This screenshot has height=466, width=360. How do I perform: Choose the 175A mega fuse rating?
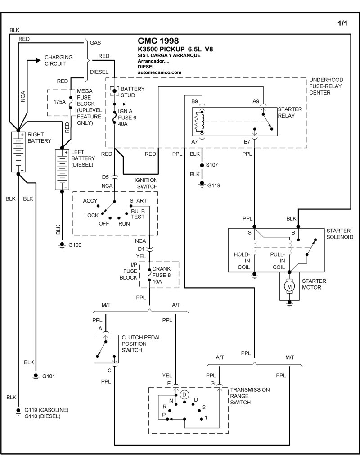click(x=60, y=102)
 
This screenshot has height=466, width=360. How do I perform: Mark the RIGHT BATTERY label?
click(x=40, y=137)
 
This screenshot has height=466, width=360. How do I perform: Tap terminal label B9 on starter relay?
click(x=194, y=101)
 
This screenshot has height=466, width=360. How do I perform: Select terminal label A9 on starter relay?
click(x=256, y=101)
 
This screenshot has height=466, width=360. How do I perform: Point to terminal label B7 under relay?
click(x=247, y=142)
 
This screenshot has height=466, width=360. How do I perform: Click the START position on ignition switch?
click(x=138, y=200)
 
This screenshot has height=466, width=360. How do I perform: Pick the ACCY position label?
click(x=90, y=200)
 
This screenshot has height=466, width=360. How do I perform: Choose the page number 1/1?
click(x=342, y=23)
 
